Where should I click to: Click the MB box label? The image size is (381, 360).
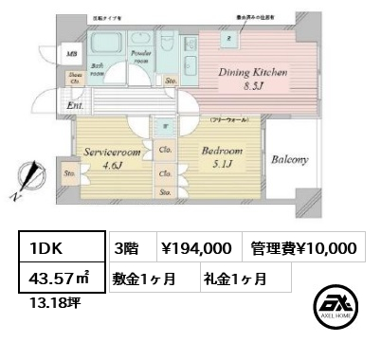click(71, 53)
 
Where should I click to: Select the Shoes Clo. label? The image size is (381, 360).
click(71, 78)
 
